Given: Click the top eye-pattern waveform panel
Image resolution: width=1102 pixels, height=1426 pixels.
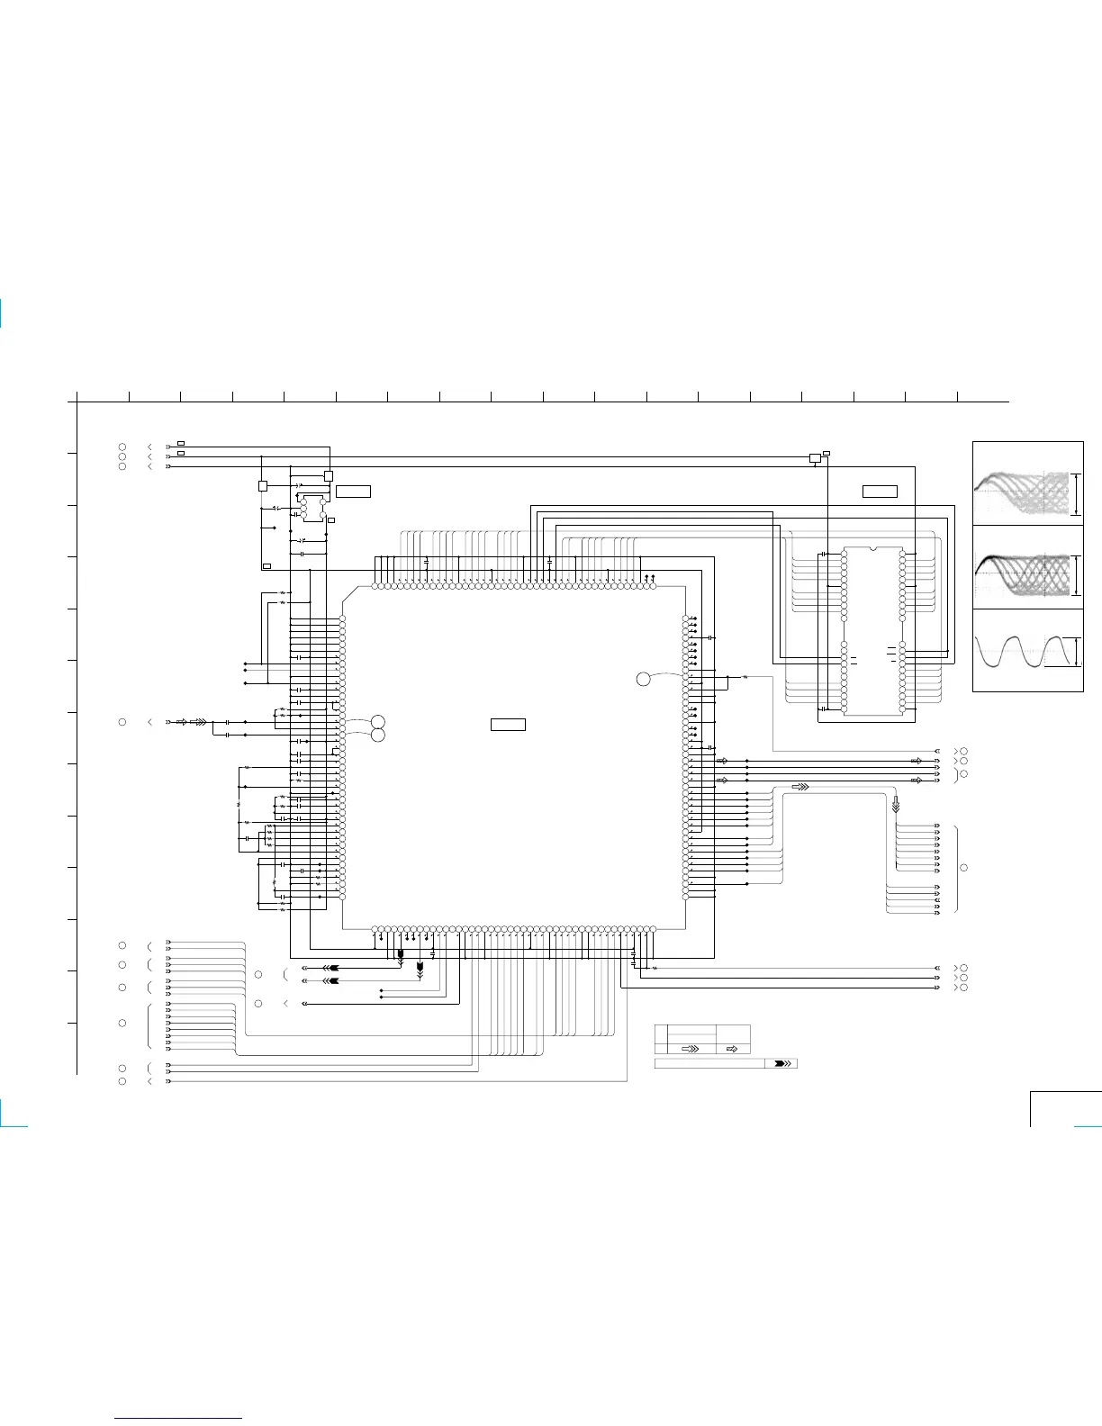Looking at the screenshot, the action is [x=1027, y=483].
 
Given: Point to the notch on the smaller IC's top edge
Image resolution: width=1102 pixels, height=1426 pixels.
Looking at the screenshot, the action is [x=872, y=548].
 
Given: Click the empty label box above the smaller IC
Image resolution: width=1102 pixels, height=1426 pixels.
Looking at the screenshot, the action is [x=880, y=492].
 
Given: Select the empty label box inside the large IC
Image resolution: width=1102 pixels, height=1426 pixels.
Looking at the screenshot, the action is [x=508, y=724].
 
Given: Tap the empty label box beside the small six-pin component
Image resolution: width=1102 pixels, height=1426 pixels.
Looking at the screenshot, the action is [x=353, y=491].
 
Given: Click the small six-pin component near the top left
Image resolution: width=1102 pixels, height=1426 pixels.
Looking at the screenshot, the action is [x=313, y=508].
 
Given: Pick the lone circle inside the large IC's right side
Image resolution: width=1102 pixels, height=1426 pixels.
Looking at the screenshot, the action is [x=643, y=679].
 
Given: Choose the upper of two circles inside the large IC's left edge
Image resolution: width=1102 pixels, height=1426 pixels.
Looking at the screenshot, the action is [x=378, y=721].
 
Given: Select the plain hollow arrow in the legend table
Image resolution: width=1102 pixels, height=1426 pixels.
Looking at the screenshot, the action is [x=732, y=1049].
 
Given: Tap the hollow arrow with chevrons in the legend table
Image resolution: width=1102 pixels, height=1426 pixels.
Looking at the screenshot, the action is [x=691, y=1049].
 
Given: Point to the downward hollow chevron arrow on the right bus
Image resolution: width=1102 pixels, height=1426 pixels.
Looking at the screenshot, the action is [x=895, y=804].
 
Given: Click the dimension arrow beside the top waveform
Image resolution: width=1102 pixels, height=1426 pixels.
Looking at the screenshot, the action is [x=1076, y=493].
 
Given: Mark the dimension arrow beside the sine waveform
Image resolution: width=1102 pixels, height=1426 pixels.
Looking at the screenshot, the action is [x=1076, y=651].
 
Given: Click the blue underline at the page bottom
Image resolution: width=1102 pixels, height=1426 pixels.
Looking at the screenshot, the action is [x=178, y=1419].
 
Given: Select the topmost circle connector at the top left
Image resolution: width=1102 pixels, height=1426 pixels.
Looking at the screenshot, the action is [x=122, y=447].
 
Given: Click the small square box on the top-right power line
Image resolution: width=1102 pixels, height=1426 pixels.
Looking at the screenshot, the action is [x=815, y=458].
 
